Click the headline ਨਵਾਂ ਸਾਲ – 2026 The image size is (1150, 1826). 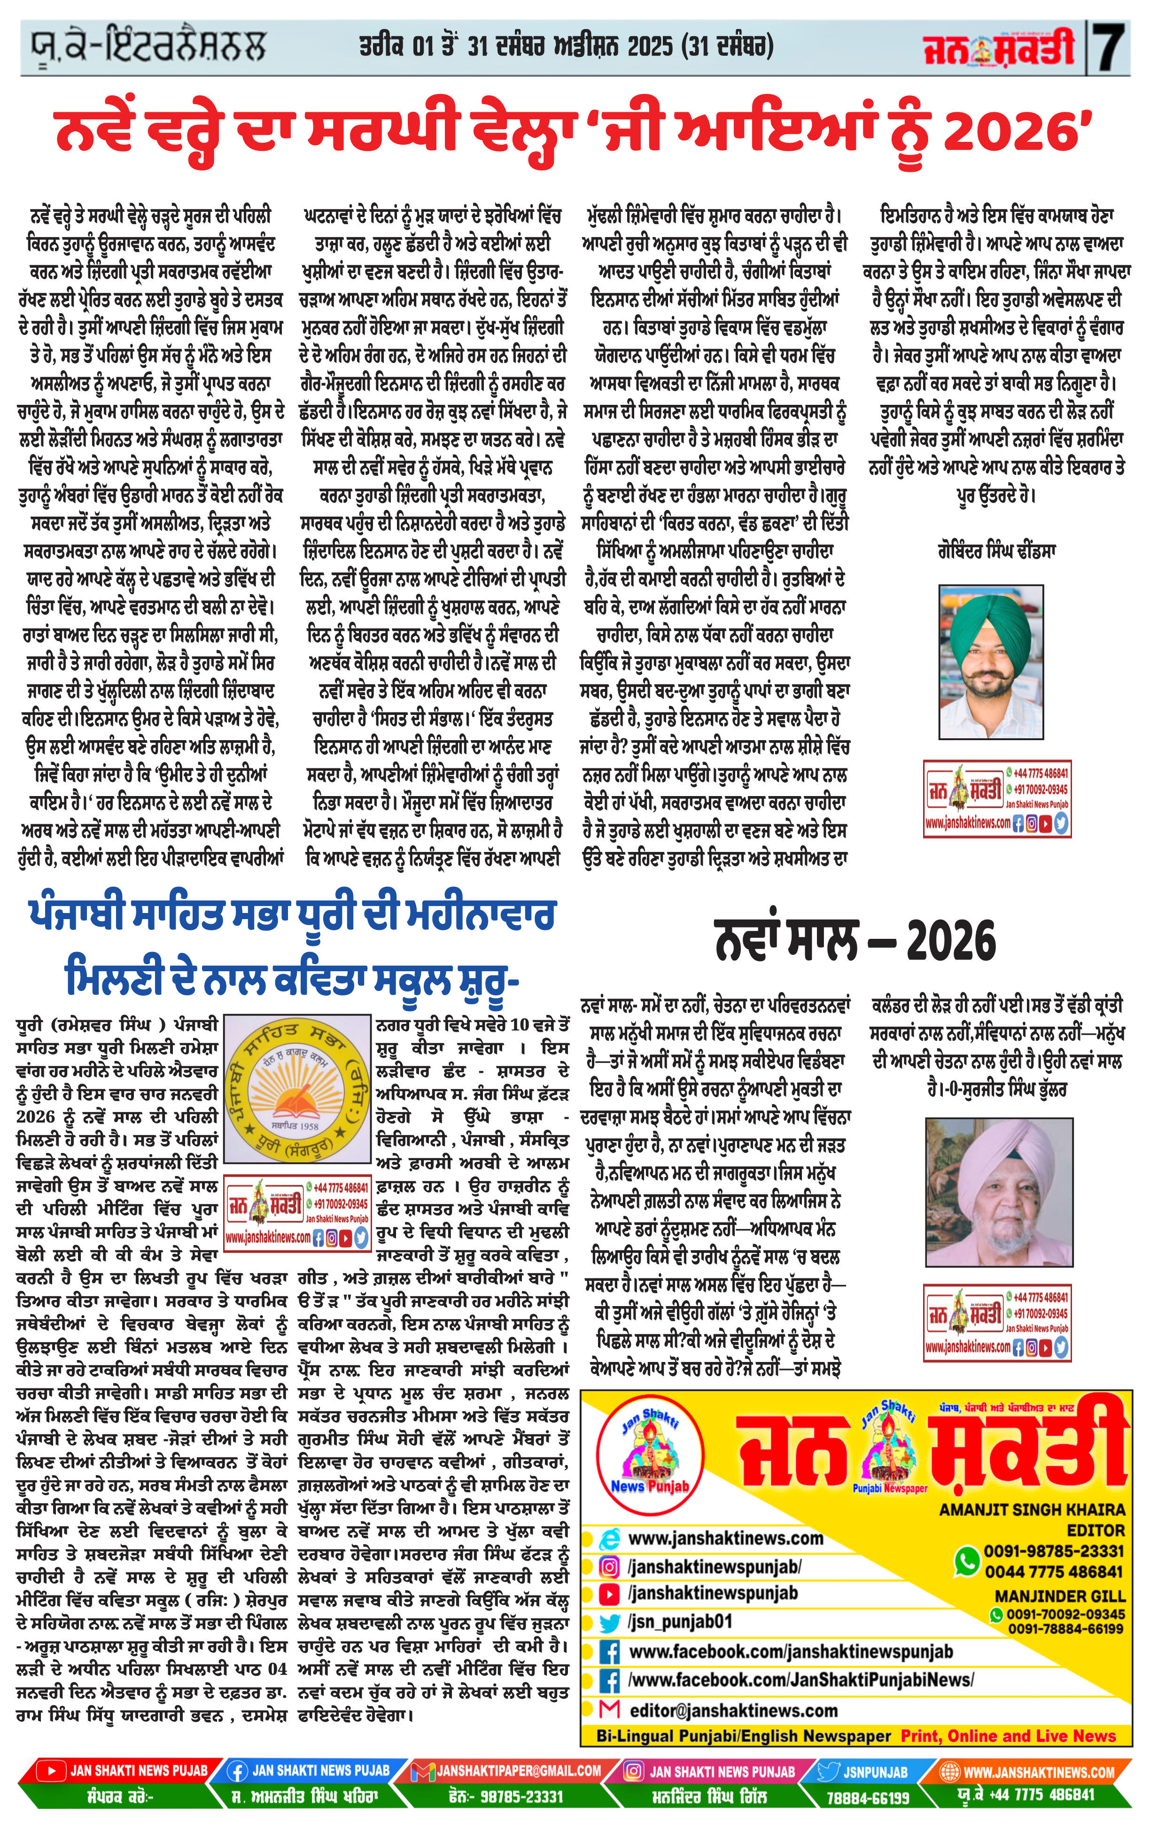pyautogui.click(x=855, y=942)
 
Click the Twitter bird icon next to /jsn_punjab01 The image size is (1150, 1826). pyautogui.click(x=608, y=1622)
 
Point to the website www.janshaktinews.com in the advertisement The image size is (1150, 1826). pyautogui.click(x=726, y=1539)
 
